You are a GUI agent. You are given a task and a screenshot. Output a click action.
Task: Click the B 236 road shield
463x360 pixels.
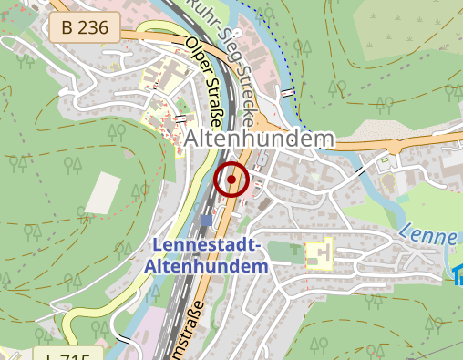click(x=84, y=27)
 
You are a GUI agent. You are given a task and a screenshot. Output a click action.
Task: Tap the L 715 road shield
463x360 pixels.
click(x=71, y=354)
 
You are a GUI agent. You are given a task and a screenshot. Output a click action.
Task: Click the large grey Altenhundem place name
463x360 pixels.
click(x=260, y=139)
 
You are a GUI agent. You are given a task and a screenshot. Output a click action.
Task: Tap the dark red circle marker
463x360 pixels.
click(x=231, y=180)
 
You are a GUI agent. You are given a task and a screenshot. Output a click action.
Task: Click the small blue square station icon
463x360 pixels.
click(x=208, y=220)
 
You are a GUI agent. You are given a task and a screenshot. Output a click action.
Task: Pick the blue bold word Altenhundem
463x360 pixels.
click(x=206, y=267)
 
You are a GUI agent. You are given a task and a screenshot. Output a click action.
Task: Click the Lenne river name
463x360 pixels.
click(x=426, y=234)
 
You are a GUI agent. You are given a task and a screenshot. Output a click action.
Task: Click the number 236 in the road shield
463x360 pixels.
click(x=93, y=27)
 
